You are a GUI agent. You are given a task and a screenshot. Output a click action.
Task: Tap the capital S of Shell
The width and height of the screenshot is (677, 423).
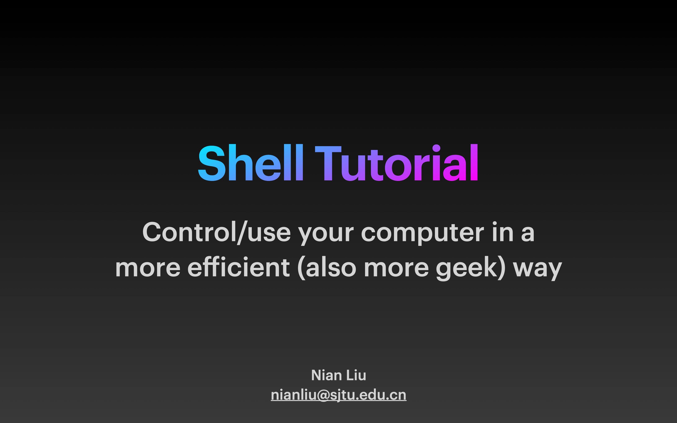212,163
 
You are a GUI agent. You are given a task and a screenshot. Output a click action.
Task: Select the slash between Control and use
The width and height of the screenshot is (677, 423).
242,233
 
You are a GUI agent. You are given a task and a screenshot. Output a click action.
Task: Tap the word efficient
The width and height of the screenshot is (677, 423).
238,267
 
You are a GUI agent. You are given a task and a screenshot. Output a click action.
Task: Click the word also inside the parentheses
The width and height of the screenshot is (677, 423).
331,267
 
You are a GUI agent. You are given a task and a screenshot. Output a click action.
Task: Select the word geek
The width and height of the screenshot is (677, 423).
467,269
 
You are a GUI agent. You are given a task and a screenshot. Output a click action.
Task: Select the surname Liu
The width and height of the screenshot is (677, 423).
356,375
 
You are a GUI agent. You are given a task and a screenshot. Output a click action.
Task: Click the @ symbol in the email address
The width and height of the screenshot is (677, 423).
323,396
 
